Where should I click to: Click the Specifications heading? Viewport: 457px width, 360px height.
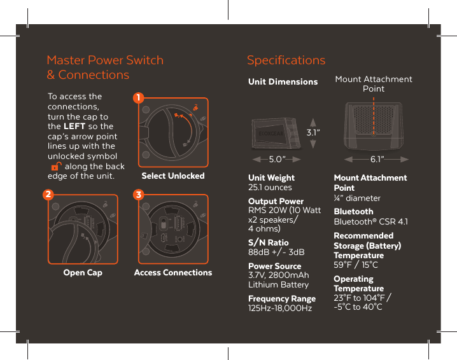coord(286,60)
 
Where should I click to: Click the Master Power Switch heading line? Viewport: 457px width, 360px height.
coord(105,60)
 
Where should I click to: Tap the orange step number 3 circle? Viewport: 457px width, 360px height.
coord(138,193)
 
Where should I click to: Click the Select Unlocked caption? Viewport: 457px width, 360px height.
coord(172,176)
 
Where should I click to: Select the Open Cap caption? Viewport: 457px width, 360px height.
coord(83,272)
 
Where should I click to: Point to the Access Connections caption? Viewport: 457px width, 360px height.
coord(172,272)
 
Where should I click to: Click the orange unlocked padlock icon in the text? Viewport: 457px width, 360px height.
coord(55,167)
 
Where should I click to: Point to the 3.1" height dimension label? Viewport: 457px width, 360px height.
coord(313,133)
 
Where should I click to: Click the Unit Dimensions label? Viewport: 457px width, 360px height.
coord(283,81)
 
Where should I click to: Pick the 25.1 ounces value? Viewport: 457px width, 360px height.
coord(270,188)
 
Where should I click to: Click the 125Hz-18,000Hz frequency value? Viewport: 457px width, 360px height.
coord(279,308)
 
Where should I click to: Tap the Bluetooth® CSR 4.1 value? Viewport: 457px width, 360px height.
coord(371,221)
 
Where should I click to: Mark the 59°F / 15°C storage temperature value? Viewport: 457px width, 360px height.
coord(356,265)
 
